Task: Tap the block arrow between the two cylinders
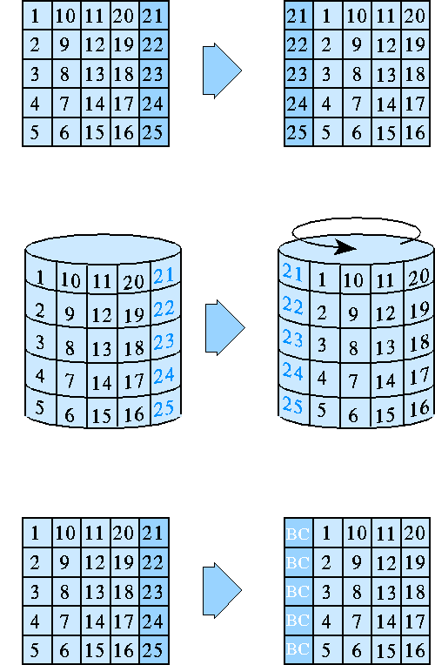tap(224, 328)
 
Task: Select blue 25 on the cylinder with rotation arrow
tap(293, 405)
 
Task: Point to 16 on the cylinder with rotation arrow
tap(418, 406)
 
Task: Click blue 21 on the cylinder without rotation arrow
tap(164, 277)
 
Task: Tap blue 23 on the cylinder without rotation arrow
tap(164, 342)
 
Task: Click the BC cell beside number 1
tap(298, 533)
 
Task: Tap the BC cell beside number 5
tap(298, 648)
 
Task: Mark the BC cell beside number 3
tap(298, 590)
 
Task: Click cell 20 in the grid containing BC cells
tap(415, 533)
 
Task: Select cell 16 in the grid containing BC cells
tap(415, 648)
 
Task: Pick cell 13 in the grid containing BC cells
tap(385, 590)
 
